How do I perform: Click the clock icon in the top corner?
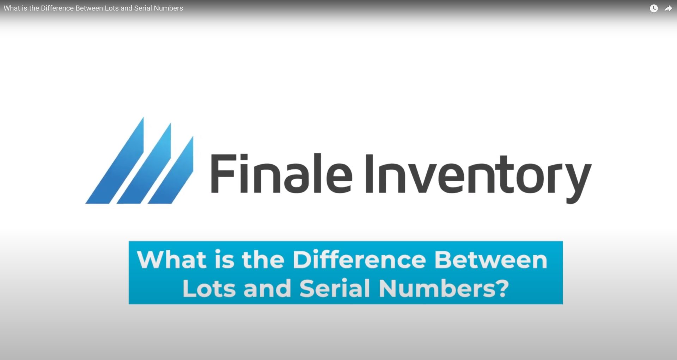coord(654,8)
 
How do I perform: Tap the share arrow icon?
coord(668,8)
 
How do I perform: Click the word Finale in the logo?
coord(281,173)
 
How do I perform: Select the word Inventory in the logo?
coord(478,178)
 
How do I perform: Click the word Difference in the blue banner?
coord(359,260)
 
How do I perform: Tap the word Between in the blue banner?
coord(491,260)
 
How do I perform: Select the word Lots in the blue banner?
coord(209,288)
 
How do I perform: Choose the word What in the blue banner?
coord(171,260)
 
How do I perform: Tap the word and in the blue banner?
coord(267,288)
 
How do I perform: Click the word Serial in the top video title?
coord(143,8)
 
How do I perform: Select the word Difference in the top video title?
coord(57,8)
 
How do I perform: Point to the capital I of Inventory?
coord(370,173)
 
